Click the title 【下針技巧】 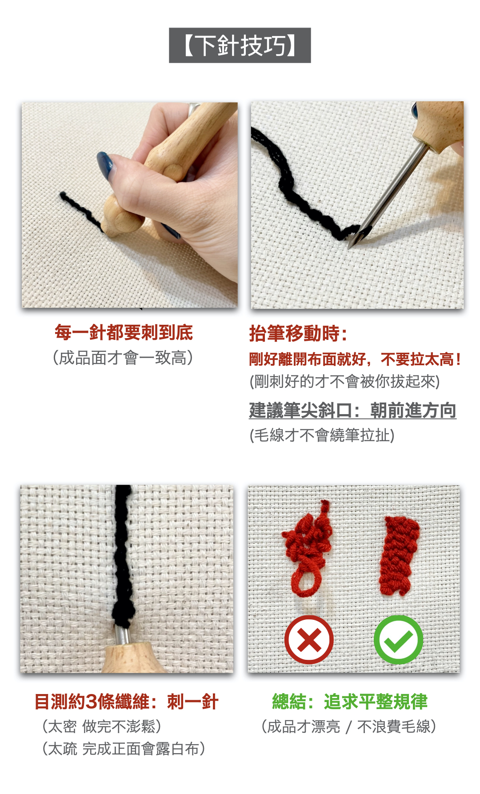240,45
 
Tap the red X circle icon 309,640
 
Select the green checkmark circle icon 399,640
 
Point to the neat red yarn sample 399,555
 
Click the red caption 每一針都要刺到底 124,332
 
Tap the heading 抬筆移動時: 298,333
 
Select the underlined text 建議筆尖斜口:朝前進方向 352,410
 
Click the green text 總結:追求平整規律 350,702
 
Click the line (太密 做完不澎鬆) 102,726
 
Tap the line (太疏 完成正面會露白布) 124,749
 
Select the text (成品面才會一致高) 123,358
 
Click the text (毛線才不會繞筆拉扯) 322,435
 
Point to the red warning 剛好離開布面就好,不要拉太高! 355,359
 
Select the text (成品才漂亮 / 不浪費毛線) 349,726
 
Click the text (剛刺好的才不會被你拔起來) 344,382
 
